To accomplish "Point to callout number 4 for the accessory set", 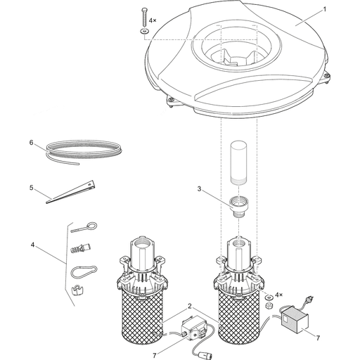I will tap(32, 245).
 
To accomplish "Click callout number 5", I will tap(32, 188).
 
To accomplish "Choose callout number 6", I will tap(32, 143).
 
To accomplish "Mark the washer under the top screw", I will tap(145, 32).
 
